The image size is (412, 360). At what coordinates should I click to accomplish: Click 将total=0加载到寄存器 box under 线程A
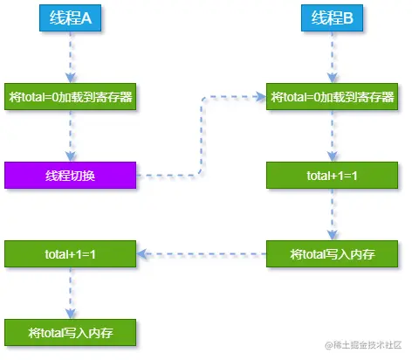pos(70,96)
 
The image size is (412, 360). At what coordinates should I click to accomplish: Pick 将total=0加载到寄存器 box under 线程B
pos(332,96)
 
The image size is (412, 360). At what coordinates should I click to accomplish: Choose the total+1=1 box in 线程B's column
pos(332,176)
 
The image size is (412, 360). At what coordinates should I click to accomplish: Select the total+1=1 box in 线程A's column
pos(70,254)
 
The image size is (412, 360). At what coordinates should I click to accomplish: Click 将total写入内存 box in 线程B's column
pos(332,254)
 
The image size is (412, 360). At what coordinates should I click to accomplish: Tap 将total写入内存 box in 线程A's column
pos(70,333)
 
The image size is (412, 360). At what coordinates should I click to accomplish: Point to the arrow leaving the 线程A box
pos(69,58)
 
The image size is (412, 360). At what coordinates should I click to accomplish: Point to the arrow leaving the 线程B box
pos(331,58)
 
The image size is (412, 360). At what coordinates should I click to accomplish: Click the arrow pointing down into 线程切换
pos(69,135)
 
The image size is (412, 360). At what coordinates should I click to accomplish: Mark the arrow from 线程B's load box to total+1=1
pos(331,135)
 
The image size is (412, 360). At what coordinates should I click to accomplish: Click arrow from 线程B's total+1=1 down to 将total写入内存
pos(331,215)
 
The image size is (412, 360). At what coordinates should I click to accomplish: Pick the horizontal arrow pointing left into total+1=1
pos(201,254)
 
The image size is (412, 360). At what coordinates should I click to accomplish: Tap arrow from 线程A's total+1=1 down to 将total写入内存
pos(69,294)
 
